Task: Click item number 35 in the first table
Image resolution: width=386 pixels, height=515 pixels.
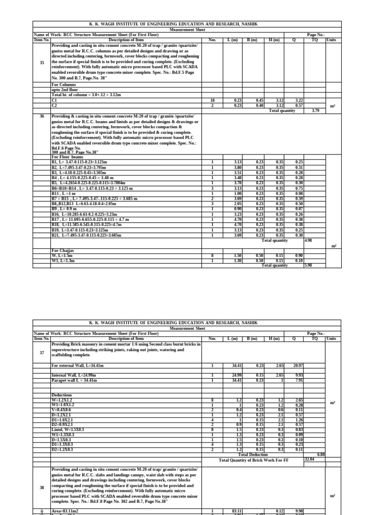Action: [42, 62]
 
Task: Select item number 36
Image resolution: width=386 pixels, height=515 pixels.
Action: [42, 116]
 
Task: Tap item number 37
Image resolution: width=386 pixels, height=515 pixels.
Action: [42, 353]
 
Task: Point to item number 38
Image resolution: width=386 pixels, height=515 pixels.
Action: [42, 487]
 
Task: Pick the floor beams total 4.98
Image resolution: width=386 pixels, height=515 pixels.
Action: [308, 240]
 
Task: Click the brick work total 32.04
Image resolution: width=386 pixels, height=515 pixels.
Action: [311, 445]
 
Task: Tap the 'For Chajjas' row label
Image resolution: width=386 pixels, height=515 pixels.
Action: [63, 250]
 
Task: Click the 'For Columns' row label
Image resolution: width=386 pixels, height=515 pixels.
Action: [63, 85]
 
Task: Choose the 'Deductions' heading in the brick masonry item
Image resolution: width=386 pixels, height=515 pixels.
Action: [61, 395]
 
